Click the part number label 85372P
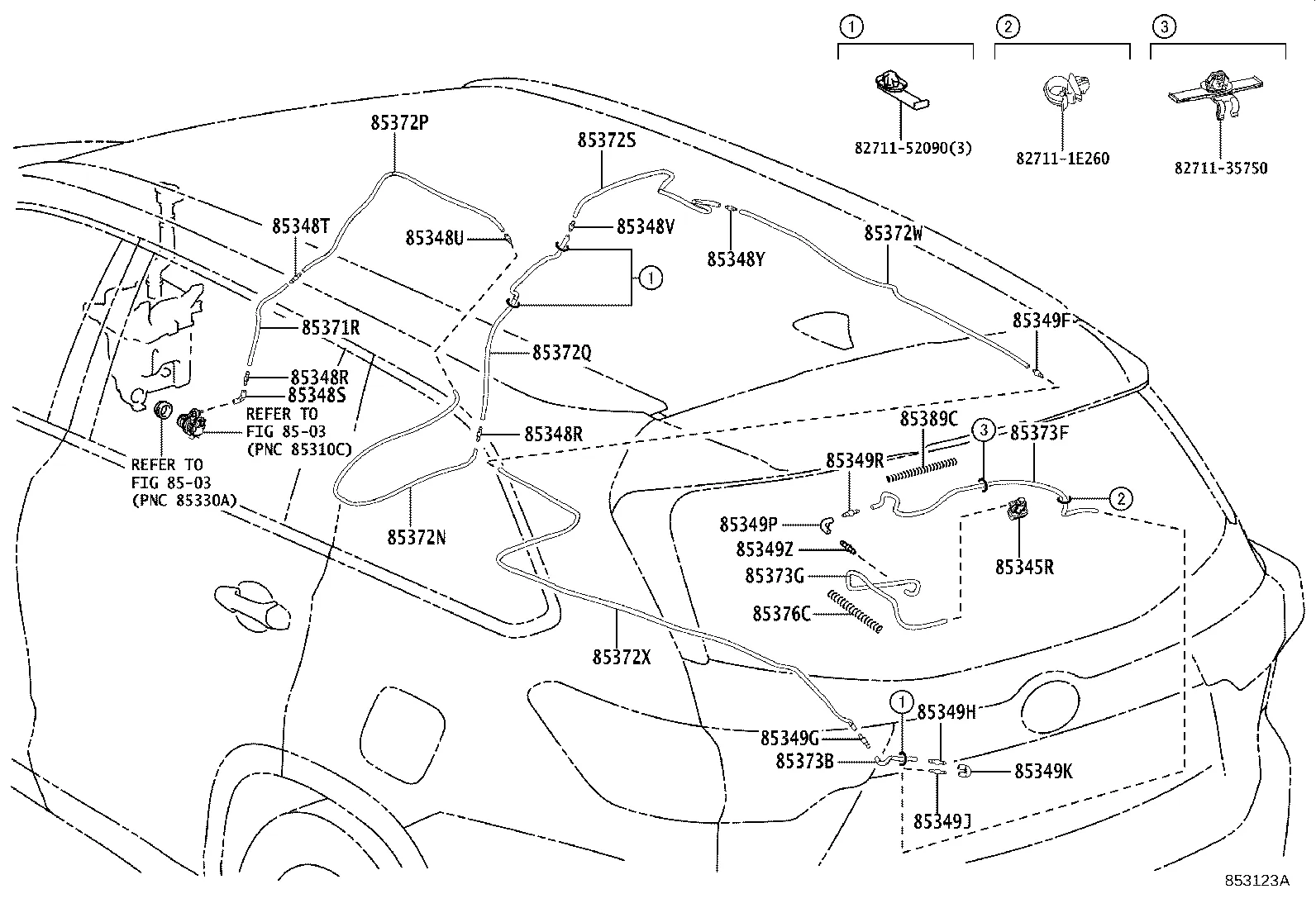pos(399,123)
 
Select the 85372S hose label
pos(607,140)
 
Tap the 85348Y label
pos(736,259)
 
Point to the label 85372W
pos(894,233)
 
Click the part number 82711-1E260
pos(1062,159)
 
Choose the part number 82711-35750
pos(1220,168)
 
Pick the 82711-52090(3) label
pos(913,149)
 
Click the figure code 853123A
pos(1257,880)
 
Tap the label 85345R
pos(1024,568)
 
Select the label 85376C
pos(781,614)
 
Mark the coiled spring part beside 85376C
pos(854,612)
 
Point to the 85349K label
pos(1043,771)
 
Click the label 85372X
pos(622,658)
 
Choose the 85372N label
pos(417,537)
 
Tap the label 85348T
pos(302,226)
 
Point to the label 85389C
pos(928,419)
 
